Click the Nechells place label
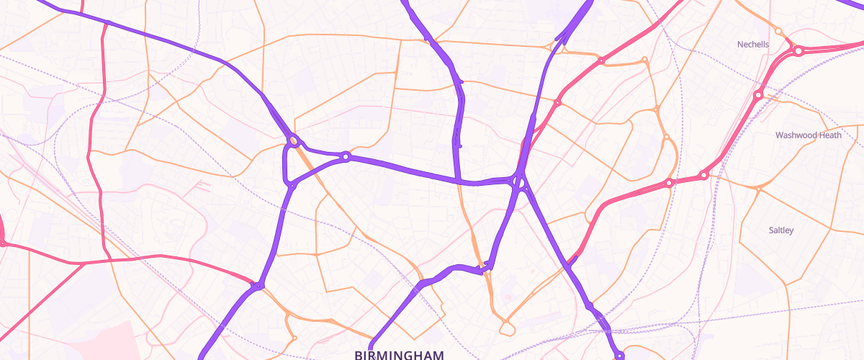(753, 45)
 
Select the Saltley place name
(781, 230)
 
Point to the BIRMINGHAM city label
(399, 354)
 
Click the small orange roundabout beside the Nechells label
(778, 31)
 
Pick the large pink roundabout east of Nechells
(798, 51)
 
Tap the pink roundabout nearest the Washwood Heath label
(758, 95)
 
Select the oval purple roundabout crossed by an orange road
(294, 140)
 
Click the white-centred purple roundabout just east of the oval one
(346, 156)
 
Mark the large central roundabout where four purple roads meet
(519, 181)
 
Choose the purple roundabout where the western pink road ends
(258, 287)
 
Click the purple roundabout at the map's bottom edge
(619, 355)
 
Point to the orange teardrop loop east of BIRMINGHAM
(508, 328)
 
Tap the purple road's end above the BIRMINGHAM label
(374, 340)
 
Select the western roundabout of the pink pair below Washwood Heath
(669, 183)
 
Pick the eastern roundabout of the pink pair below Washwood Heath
(703, 175)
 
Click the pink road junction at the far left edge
(2, 243)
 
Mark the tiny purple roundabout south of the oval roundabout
(292, 186)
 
